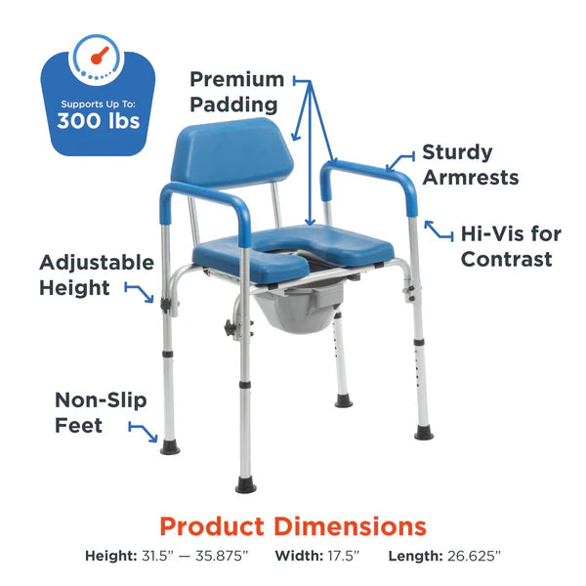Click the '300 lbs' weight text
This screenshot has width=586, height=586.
pyautogui.click(x=98, y=122)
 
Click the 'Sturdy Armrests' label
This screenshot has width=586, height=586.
pyautogui.click(x=471, y=165)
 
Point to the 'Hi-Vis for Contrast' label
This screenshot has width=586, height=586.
pyautogui.click(x=507, y=246)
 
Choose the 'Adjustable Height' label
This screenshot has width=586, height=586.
pyautogui.click(x=97, y=275)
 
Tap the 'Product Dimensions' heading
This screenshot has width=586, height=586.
pyautogui.click(x=292, y=526)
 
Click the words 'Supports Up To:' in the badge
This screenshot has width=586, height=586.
pyautogui.click(x=98, y=103)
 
